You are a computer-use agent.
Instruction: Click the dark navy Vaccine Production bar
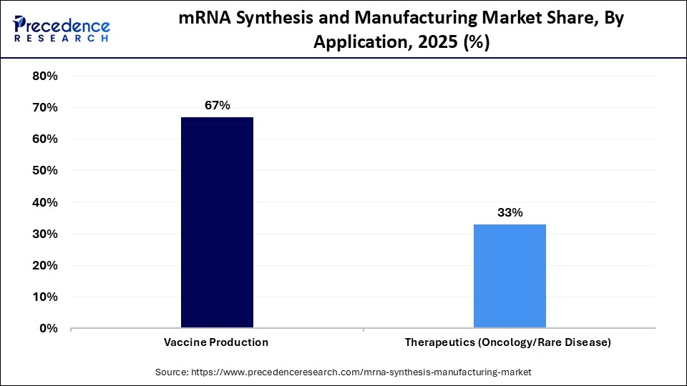coord(217,222)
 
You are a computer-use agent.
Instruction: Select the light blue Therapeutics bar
coord(510,276)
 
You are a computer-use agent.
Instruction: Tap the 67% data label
coord(217,105)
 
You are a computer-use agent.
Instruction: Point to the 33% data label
coord(510,212)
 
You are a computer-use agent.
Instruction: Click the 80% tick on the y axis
coord(45,76)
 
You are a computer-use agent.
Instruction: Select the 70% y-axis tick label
coord(45,108)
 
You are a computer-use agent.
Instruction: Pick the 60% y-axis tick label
coord(45,139)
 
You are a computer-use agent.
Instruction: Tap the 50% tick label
coord(45,171)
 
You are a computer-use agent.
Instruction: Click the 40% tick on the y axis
coord(45,202)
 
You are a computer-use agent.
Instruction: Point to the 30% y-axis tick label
coord(45,234)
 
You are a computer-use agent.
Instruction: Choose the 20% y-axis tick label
coord(45,265)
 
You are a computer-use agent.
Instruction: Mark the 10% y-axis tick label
coord(45,297)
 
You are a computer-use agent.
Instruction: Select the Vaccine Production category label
coord(217,342)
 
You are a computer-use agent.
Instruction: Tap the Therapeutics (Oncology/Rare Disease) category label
coord(508,342)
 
